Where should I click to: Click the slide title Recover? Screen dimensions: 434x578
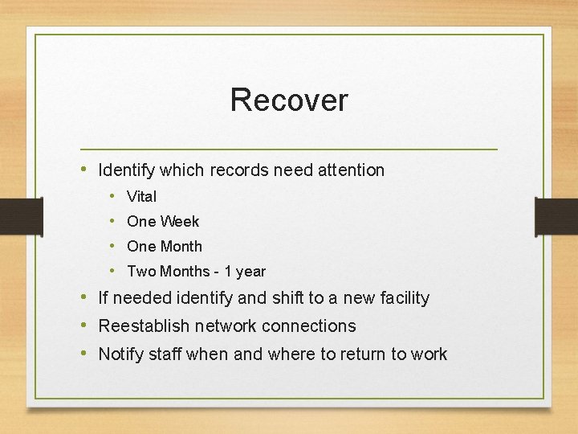coord(289,100)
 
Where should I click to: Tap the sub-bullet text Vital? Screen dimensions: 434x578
coord(142,197)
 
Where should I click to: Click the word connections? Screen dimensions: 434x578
coord(312,326)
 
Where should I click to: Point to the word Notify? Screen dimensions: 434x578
coord(123,354)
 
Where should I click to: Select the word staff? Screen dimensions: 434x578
coord(167,354)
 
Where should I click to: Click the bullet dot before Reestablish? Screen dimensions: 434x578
coord(85,325)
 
